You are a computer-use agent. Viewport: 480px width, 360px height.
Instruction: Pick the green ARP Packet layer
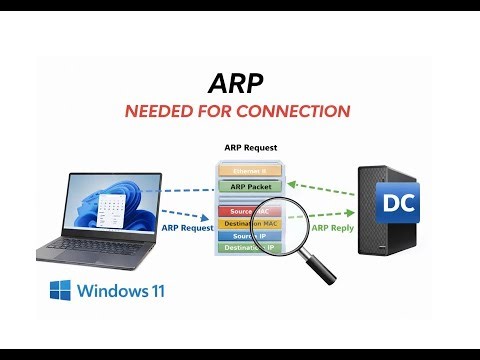point(250,186)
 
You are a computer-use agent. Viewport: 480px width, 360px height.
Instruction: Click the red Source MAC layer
point(240,211)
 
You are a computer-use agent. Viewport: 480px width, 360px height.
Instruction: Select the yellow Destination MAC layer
point(248,224)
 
